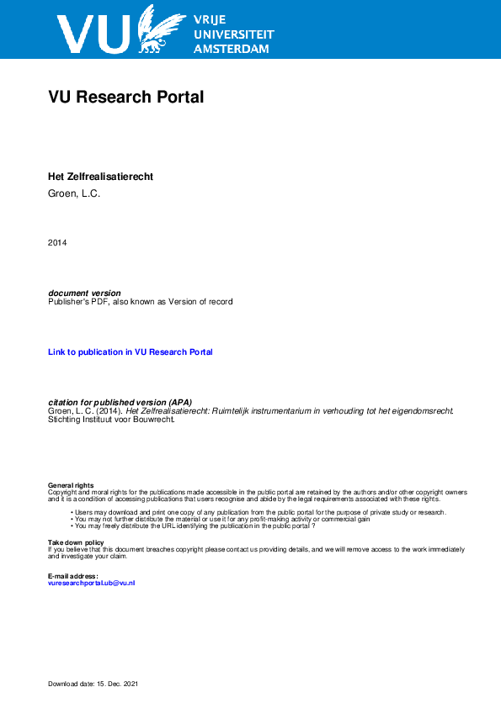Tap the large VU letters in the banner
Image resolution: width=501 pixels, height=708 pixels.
point(93,34)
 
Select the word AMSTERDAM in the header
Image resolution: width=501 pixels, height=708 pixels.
point(232,49)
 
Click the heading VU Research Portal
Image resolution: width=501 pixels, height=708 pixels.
point(126,97)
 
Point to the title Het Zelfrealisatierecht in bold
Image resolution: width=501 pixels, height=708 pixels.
point(100,177)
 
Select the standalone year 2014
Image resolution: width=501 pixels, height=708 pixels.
point(57,243)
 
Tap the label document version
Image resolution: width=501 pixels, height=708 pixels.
point(84,293)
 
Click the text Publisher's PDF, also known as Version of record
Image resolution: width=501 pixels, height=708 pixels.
point(140,301)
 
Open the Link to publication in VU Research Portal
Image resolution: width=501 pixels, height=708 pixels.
point(131,351)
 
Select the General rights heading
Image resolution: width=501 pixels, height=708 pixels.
point(71,486)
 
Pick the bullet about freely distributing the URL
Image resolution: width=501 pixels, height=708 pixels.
point(195,526)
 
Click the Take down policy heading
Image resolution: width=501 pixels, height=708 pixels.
point(76,542)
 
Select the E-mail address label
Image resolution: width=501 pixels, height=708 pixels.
point(73,575)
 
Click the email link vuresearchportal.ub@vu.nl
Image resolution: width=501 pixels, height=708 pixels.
point(91,582)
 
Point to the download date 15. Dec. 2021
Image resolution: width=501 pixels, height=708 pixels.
point(93,684)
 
